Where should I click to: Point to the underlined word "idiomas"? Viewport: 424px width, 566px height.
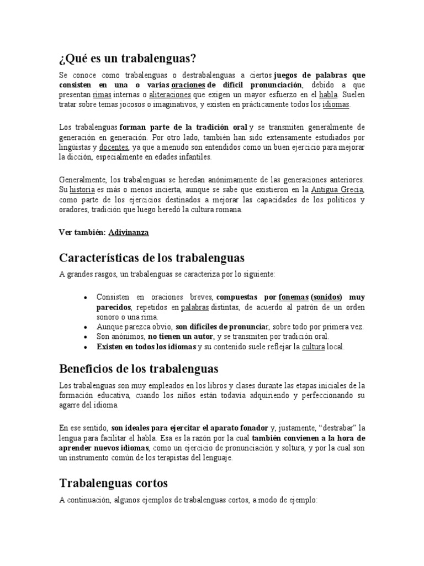coord(336,104)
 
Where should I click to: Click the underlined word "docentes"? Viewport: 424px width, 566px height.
coord(114,148)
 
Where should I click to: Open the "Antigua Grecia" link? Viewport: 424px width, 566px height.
coord(338,190)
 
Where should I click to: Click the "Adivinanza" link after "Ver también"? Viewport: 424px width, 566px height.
coord(129,233)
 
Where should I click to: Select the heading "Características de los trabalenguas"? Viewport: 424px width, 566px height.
coord(151,258)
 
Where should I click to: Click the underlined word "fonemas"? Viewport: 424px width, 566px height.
coord(293,297)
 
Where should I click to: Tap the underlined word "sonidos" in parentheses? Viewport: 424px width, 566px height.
coord(326,297)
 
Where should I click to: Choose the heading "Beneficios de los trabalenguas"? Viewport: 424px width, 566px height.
coord(139,368)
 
